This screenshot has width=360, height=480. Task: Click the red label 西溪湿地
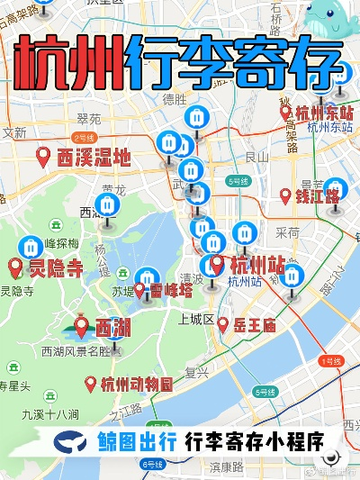coord(94,158)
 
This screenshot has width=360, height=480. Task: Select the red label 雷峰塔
coord(171,290)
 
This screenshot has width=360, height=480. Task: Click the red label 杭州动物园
coord(137,385)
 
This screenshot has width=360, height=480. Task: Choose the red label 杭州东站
coord(324,113)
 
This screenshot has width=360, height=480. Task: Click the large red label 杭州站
coord(257,266)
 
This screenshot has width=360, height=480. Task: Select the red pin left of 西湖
coord(82,326)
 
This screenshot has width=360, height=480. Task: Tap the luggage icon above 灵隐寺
coord(31,244)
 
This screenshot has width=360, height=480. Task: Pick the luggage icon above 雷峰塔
coord(148,275)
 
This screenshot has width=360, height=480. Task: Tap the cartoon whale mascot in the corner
coord(330,20)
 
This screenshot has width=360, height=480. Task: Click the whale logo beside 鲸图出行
coord(71,443)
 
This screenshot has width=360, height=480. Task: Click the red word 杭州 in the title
coord(70,62)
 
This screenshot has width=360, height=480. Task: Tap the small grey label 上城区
coord(195,320)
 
